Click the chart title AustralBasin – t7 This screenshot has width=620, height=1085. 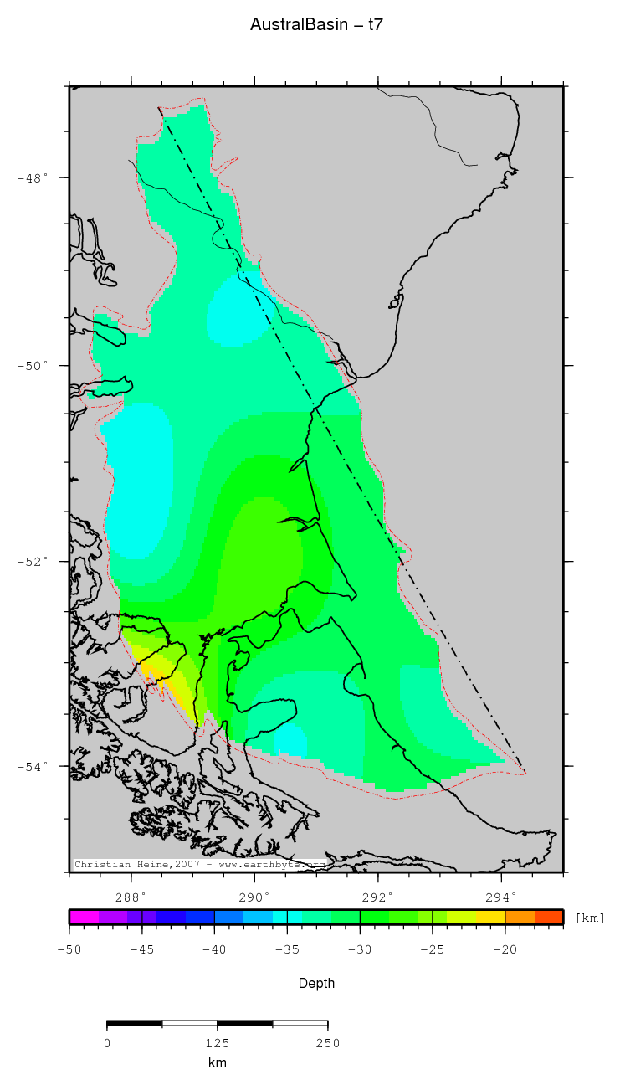[x=316, y=25]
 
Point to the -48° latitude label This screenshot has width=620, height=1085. [x=34, y=177]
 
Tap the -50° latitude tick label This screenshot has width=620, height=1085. [x=34, y=366]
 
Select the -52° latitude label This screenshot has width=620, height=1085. [x=34, y=561]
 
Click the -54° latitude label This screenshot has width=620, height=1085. [x=34, y=765]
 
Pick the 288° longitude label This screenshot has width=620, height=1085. [x=131, y=897]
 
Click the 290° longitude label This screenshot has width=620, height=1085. [x=254, y=897]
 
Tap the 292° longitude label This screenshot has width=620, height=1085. [x=378, y=897]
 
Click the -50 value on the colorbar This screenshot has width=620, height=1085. [x=69, y=949]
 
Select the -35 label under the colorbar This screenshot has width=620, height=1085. [x=287, y=949]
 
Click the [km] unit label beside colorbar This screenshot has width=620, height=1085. [x=590, y=918]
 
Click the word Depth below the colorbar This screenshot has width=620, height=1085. [x=316, y=984]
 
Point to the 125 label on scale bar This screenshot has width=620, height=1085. [x=217, y=1043]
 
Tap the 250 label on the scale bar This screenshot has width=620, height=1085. [x=327, y=1043]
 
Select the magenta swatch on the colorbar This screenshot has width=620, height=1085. [x=84, y=917]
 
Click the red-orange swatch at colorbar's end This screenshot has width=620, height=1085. [x=549, y=917]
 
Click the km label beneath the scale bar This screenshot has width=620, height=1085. [x=217, y=1063]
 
